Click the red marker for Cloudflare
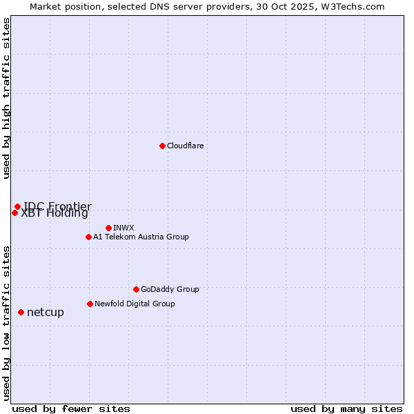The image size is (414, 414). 162,146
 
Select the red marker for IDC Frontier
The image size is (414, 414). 17,206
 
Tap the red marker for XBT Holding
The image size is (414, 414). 14,213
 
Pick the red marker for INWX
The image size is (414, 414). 108,228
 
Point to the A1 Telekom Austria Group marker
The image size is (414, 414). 88,237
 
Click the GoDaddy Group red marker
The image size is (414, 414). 136,289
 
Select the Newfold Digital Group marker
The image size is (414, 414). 90,304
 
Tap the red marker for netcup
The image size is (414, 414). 21,312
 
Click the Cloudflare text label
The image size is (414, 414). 185,146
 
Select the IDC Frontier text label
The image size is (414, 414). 57,206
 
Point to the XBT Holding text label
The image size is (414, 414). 55,213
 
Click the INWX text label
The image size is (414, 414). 124,228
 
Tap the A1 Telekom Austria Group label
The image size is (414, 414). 141,237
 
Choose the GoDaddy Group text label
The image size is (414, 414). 170,289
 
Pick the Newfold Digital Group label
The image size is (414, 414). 135,304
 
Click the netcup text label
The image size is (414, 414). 46,312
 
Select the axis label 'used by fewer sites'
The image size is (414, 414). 71,408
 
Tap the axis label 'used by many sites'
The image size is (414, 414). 346,408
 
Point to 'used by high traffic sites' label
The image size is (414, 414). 6,98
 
